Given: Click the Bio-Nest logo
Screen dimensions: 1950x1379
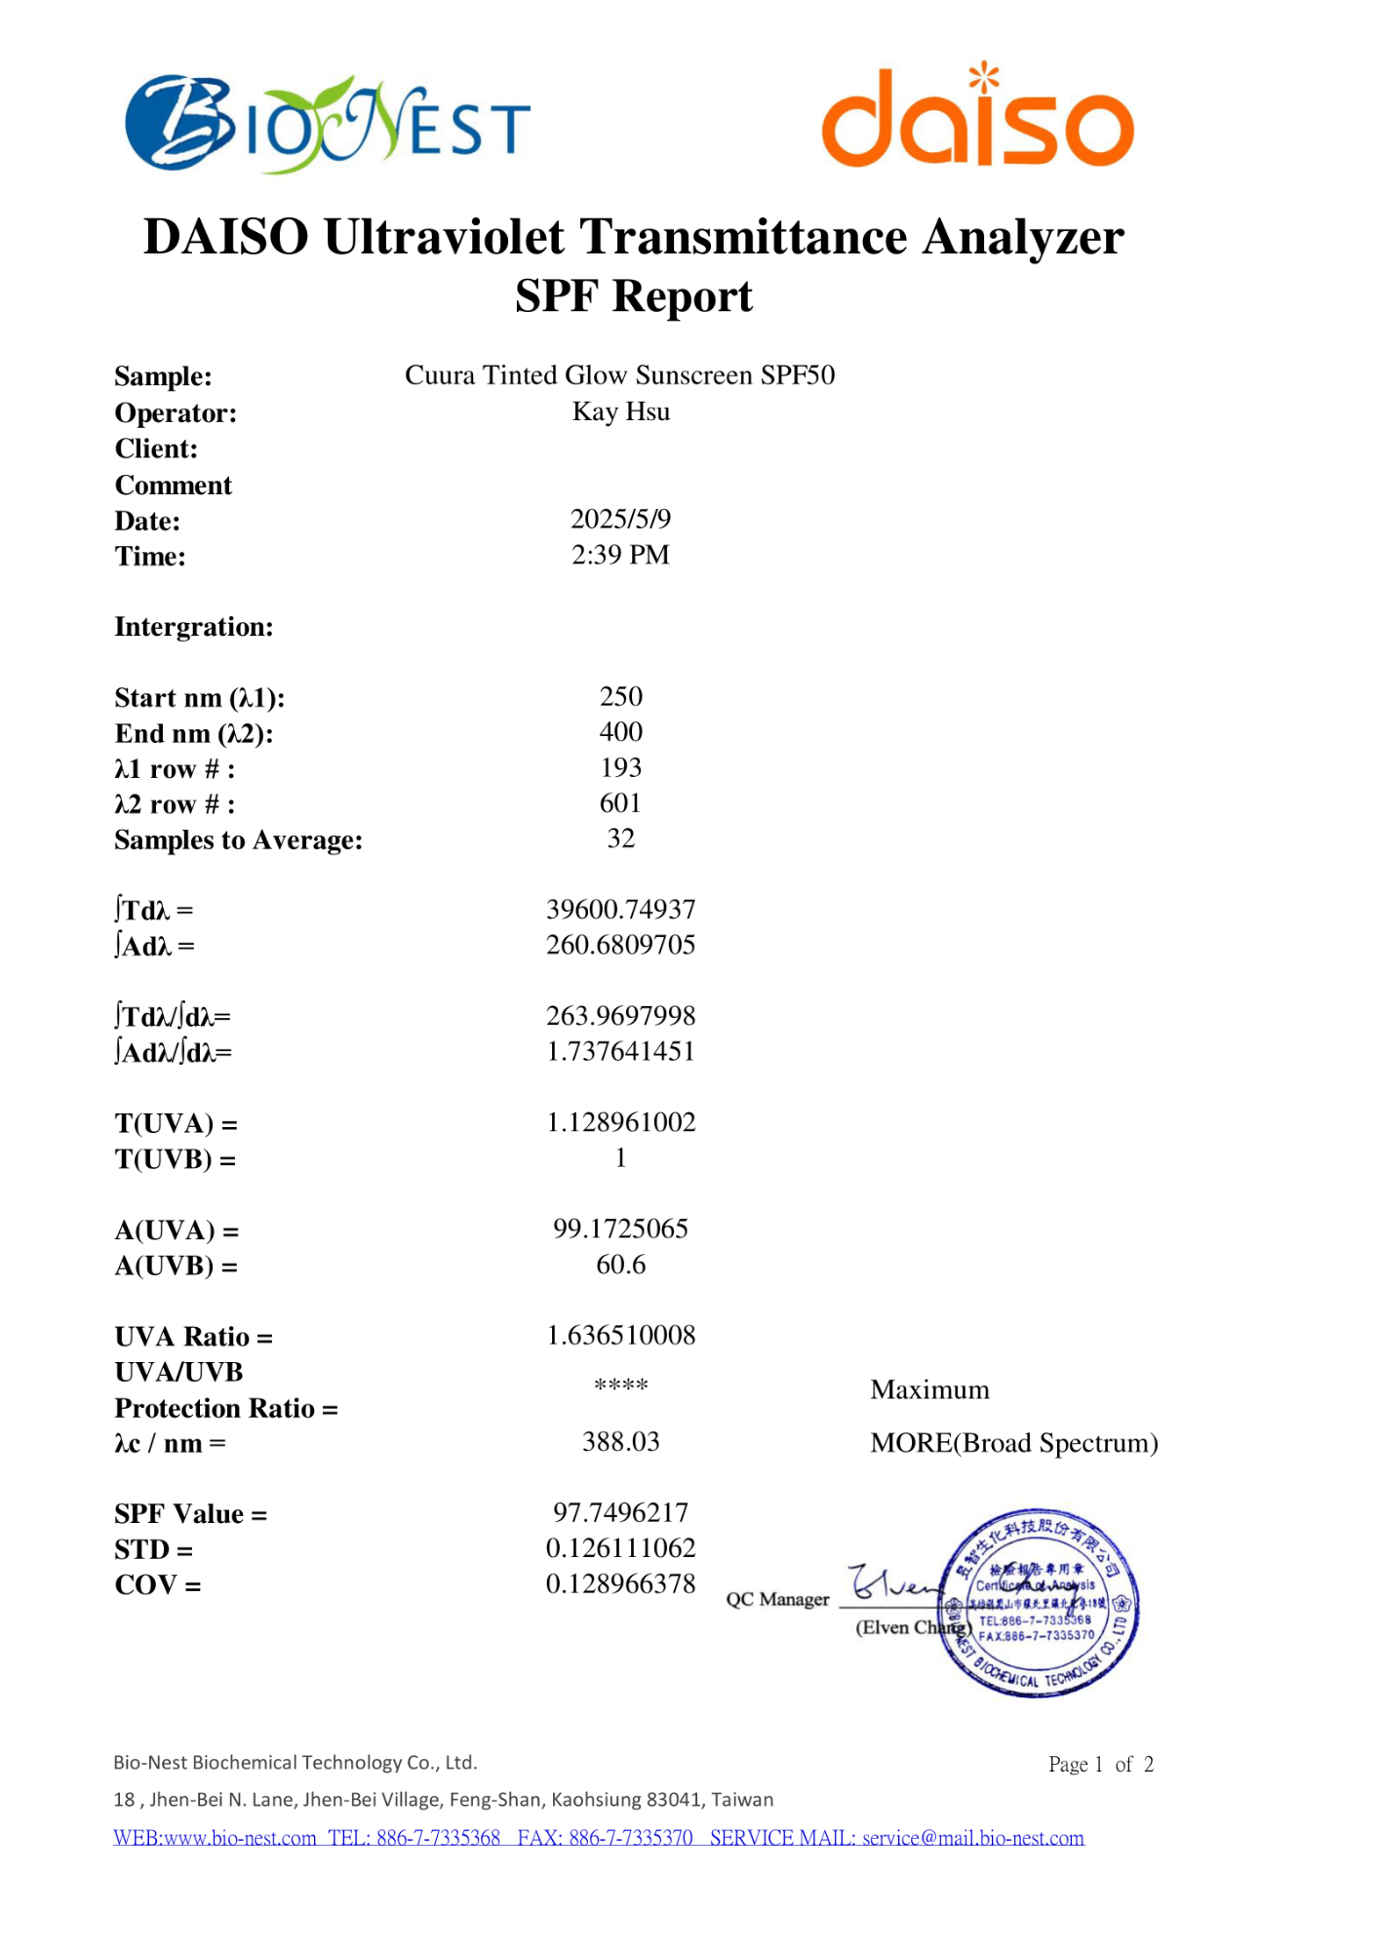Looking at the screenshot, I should pyautogui.click(x=327, y=124).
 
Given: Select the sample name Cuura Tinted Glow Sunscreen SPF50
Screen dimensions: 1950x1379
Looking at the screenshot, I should pyautogui.click(x=619, y=375).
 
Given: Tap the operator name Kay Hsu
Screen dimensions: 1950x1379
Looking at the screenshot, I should pyautogui.click(x=620, y=411).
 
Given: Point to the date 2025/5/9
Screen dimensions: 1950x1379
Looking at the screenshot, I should pyautogui.click(x=620, y=519).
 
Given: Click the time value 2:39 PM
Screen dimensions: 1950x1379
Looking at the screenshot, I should pyautogui.click(x=620, y=555).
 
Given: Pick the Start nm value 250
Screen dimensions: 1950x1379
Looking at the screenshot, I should pyautogui.click(x=620, y=696).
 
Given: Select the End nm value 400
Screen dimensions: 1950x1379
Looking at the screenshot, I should pyautogui.click(x=620, y=732).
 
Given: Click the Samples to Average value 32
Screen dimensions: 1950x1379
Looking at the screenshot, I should pyautogui.click(x=620, y=838).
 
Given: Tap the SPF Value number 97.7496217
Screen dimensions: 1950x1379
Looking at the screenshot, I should pyautogui.click(x=620, y=1512).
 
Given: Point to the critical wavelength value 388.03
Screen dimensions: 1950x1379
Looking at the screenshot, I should pyautogui.click(x=620, y=1441).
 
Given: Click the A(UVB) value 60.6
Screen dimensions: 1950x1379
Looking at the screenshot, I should pyautogui.click(x=620, y=1265).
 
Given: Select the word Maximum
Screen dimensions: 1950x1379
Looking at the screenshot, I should pyautogui.click(x=929, y=1389).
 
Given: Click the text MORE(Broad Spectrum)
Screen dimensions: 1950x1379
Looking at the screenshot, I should pyautogui.click(x=1013, y=1443).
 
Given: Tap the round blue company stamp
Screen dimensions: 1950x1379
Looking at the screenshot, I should pyautogui.click(x=1041, y=1603).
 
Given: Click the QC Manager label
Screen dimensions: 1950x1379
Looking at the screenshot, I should pyautogui.click(x=777, y=1599).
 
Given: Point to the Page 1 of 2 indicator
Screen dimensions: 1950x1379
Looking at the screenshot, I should pyautogui.click(x=1100, y=1764).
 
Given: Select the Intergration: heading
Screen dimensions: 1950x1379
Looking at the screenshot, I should pyautogui.click(x=194, y=626).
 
